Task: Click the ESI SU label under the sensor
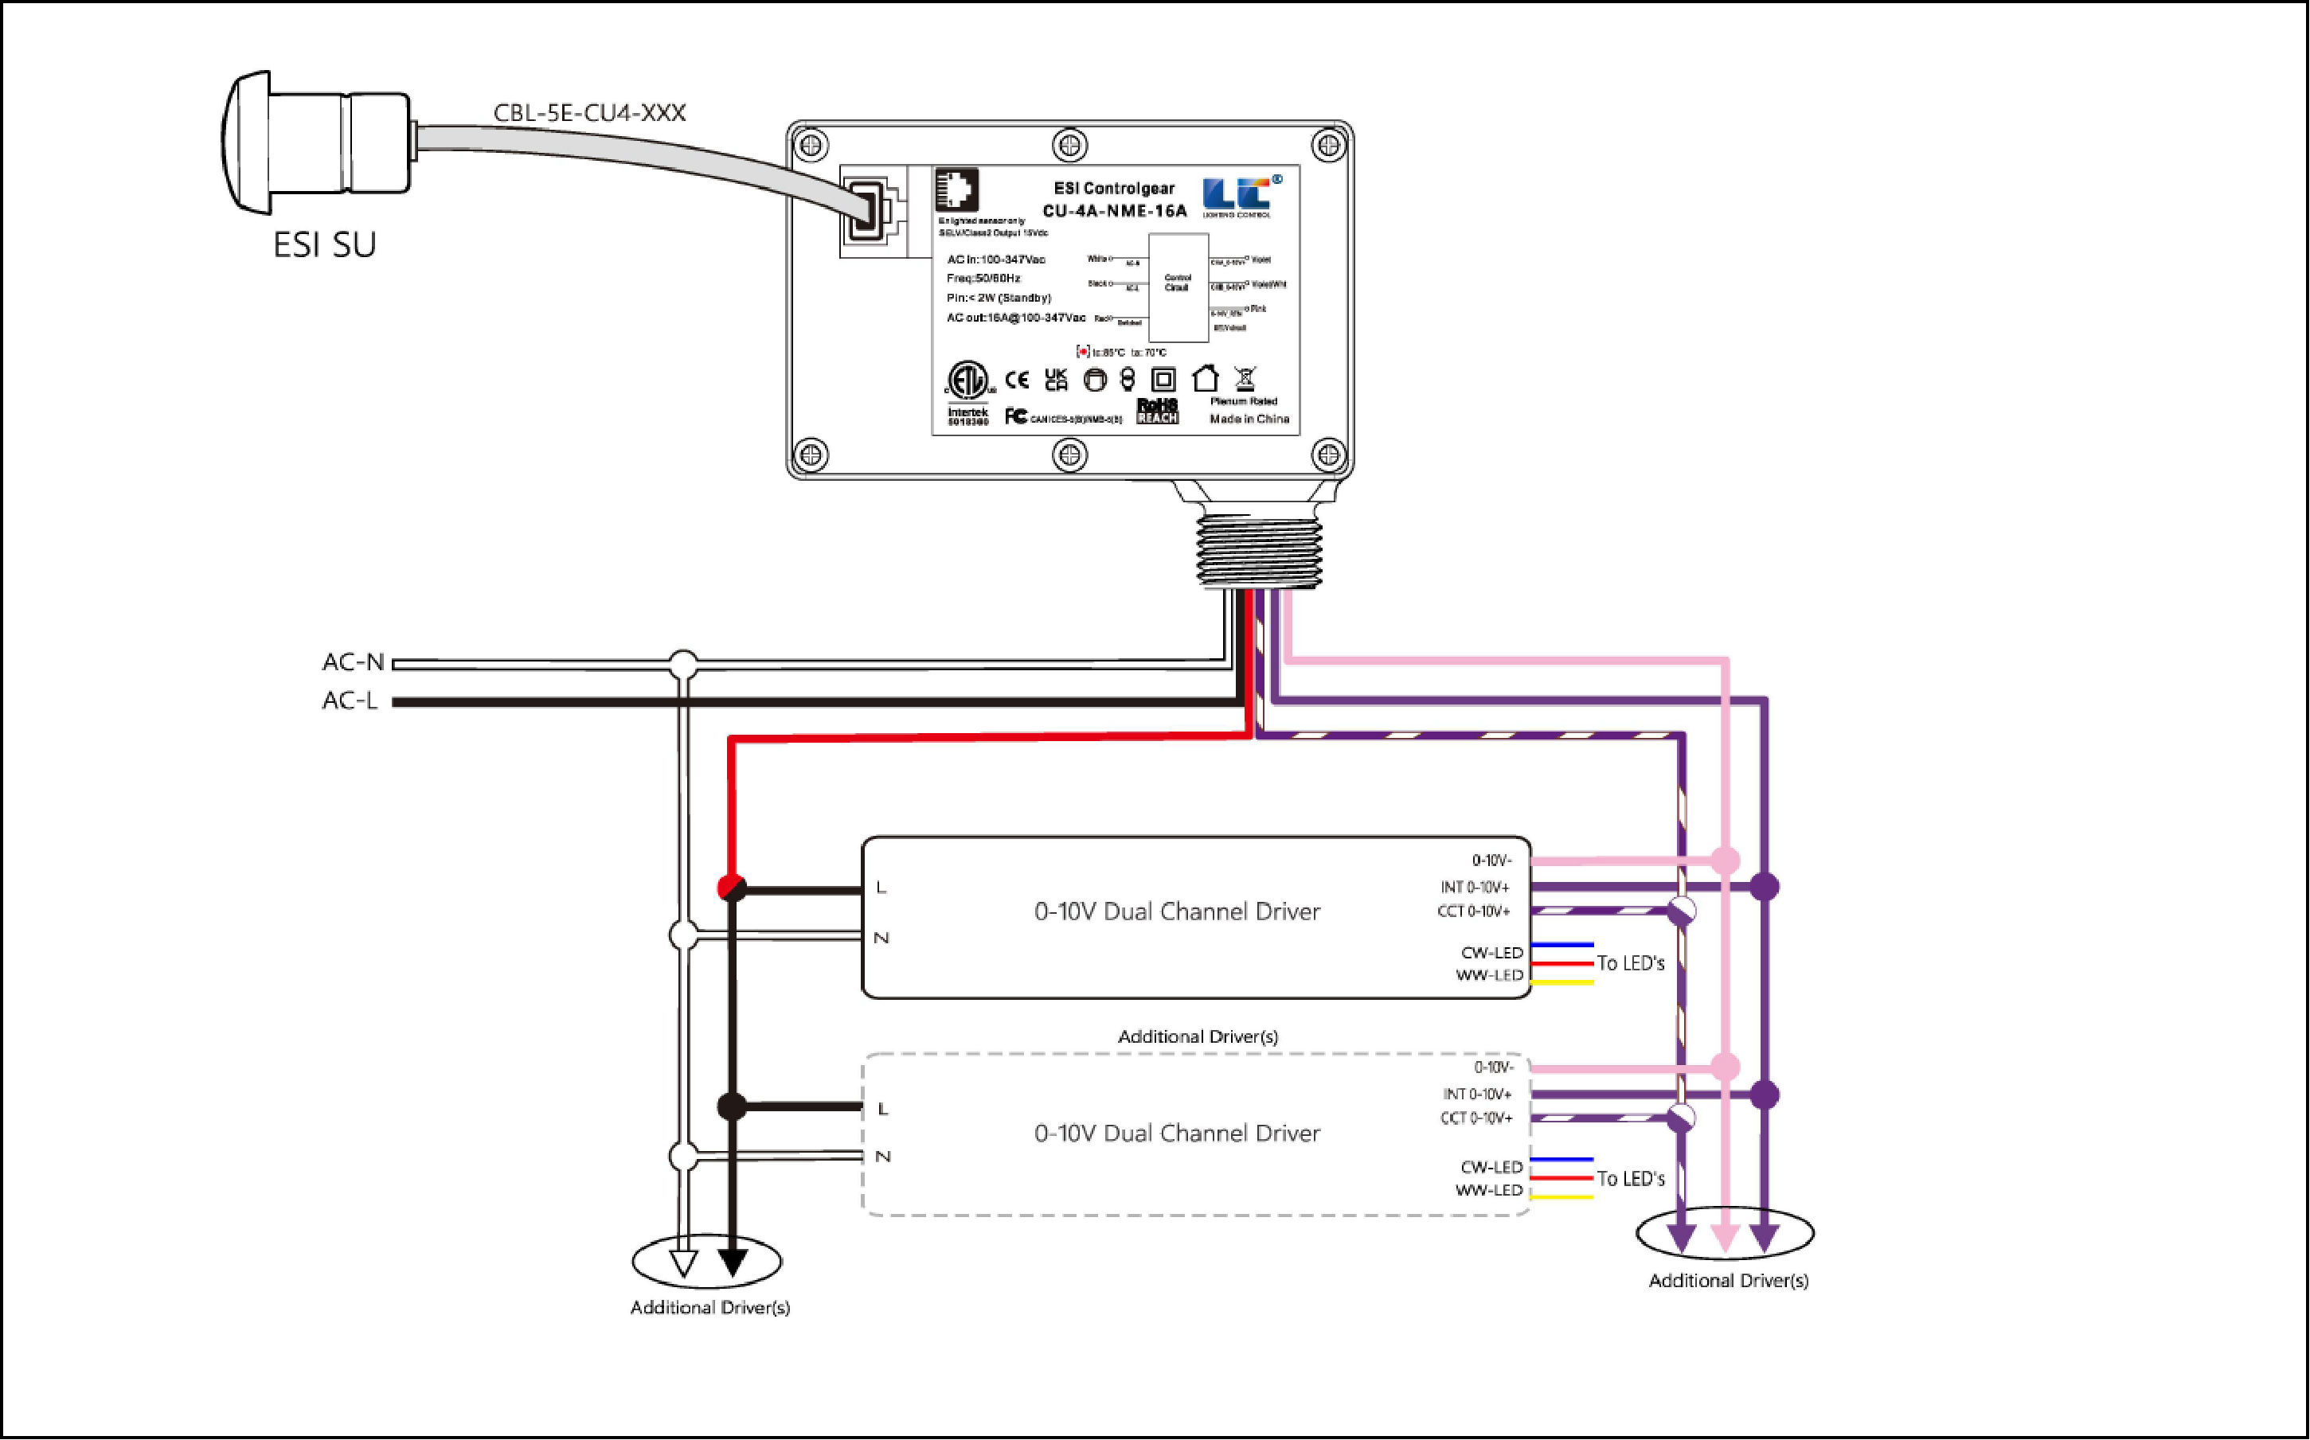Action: coord(324,244)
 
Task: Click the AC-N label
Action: coord(353,662)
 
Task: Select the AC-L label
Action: coord(350,701)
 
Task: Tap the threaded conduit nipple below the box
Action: coord(1257,547)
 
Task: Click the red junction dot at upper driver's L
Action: coord(731,888)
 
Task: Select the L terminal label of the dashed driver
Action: coord(882,1109)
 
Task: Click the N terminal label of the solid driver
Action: coord(881,938)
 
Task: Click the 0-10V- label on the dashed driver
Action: coord(1493,1067)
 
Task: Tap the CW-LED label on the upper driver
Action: coord(1491,952)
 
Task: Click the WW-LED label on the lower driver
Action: coord(1488,1191)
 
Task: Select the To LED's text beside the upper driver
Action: coord(1630,964)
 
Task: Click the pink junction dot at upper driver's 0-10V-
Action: coord(1724,861)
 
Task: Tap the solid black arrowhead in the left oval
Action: coord(732,1262)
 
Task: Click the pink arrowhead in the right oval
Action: coord(1724,1238)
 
